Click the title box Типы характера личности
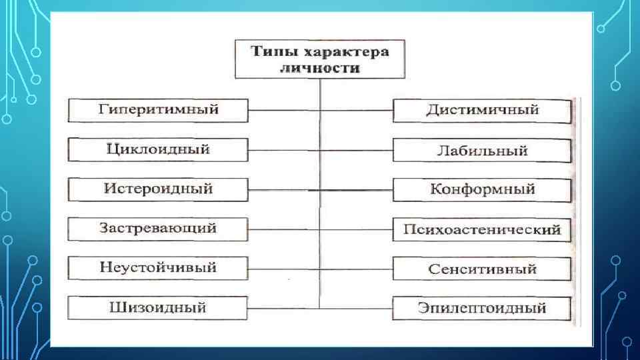[320, 59]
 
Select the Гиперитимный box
[158, 110]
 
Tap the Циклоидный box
[158, 149]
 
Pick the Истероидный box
[158, 189]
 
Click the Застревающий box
[158, 229]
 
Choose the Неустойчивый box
[158, 268]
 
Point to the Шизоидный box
[158, 308]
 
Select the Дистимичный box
[482, 111]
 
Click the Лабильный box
[482, 151]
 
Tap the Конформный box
[482, 190]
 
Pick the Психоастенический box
[482, 230]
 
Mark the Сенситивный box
[482, 269]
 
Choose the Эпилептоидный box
[482, 309]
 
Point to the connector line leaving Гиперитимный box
[283, 110]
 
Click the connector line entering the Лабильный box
[357, 150]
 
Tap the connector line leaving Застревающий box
[283, 229]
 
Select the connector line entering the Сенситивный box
[357, 269]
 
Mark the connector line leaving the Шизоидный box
[283, 308]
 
